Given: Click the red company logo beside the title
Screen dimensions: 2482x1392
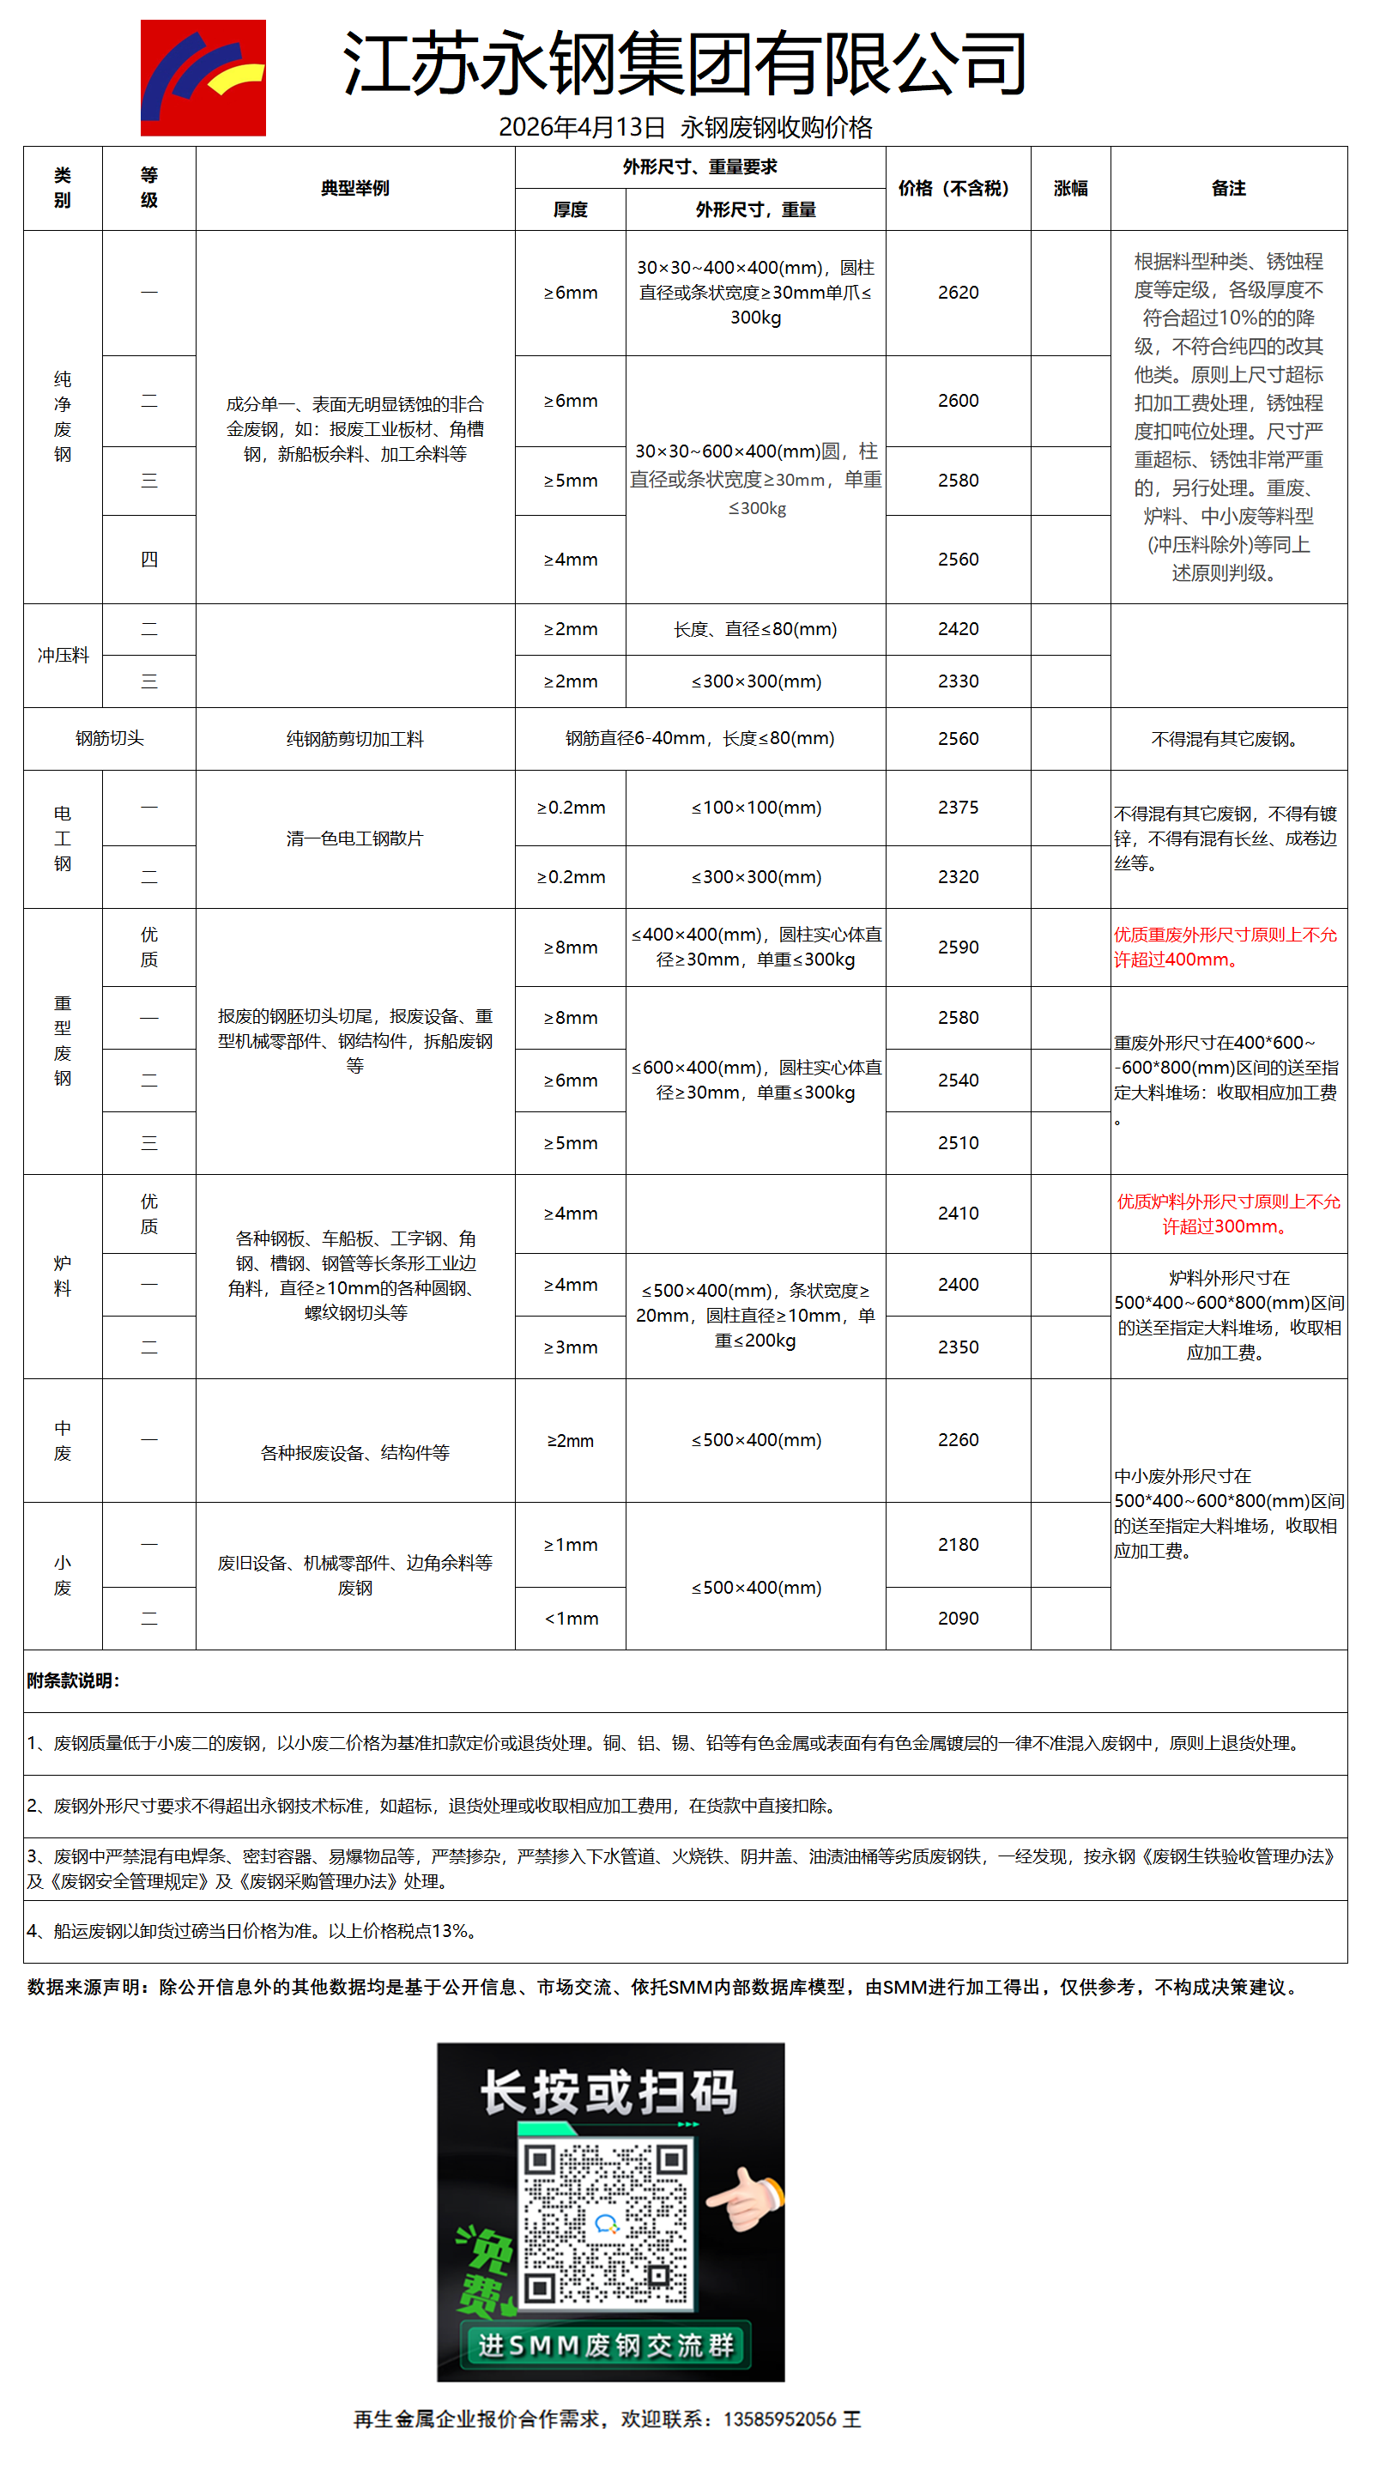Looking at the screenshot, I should (203, 77).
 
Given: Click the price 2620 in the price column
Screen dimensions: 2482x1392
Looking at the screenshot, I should (958, 292).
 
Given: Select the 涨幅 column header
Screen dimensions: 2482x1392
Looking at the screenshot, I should (1070, 188).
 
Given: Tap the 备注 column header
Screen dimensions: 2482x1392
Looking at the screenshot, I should (1228, 188).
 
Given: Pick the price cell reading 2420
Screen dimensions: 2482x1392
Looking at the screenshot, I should (958, 629).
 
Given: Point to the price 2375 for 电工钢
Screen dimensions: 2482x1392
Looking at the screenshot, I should (958, 808).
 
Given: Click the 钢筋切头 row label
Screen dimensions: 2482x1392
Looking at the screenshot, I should (109, 738).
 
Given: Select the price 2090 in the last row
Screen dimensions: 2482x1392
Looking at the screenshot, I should (958, 1618).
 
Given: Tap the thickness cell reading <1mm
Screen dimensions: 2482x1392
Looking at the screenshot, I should (571, 1618).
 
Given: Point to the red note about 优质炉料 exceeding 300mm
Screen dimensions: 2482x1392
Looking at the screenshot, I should (1227, 1213).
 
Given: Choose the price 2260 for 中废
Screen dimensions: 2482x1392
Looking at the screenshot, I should (958, 1439).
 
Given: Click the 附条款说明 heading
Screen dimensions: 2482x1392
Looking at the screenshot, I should (73, 1680).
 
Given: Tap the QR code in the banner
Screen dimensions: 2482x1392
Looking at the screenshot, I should (605, 2225).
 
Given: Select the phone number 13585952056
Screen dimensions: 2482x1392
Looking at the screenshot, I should (779, 2418).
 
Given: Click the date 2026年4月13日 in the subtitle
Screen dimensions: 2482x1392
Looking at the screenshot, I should (582, 127).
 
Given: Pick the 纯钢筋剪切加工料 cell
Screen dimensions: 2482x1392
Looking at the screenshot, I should (354, 738).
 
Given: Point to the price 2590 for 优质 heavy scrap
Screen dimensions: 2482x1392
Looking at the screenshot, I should (958, 947).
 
